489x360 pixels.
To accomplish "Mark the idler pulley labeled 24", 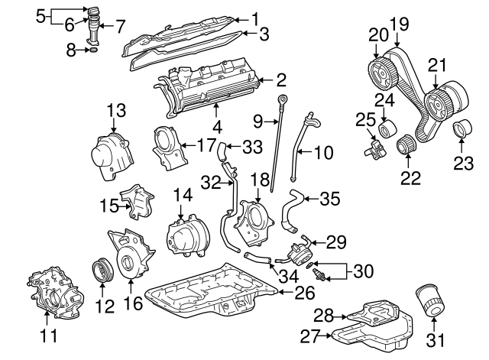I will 387,125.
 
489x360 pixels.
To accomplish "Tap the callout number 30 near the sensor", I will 363,270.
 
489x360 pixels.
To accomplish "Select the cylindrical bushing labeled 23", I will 462,131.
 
